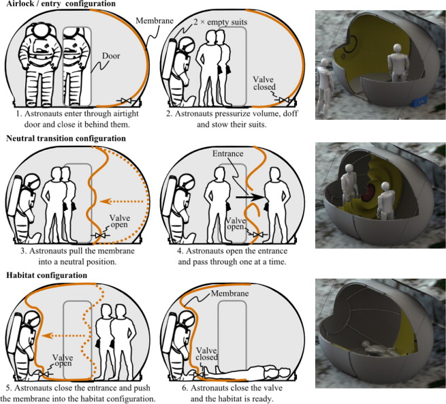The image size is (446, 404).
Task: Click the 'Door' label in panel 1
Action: [111, 56]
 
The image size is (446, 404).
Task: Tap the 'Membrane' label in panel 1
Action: [155, 20]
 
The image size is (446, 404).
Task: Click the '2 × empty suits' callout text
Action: [220, 22]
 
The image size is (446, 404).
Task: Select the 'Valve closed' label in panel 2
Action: [264, 83]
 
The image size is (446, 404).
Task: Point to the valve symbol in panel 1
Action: [125, 100]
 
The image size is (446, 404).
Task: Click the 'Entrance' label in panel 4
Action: [228, 154]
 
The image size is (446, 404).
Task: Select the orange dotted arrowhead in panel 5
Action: [47, 336]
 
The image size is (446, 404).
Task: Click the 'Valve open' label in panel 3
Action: [120, 221]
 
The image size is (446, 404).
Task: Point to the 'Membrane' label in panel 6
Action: [230, 294]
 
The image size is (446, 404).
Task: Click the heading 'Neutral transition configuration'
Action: [66, 138]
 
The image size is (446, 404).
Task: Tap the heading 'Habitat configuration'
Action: [47, 275]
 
